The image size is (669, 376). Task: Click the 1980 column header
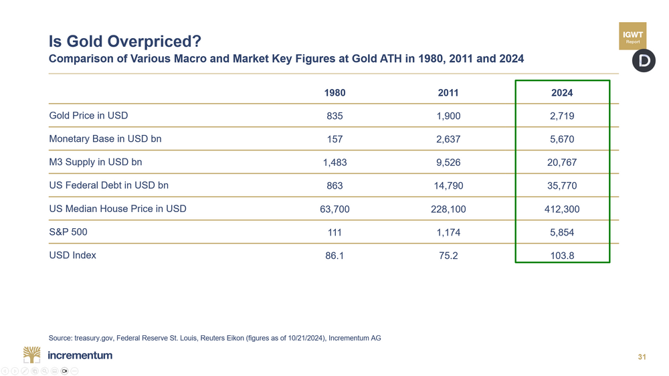334,93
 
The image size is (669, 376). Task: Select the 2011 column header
448,93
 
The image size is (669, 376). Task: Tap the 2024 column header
562,93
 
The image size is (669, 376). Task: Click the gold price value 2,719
562,116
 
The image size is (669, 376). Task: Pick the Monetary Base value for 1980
334,139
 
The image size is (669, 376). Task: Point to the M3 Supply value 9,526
448,163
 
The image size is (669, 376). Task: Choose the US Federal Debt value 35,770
562,186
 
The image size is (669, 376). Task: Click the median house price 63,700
334,209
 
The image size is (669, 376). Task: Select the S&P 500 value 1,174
448,233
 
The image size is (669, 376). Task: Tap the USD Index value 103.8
562,256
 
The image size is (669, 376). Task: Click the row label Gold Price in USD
88,116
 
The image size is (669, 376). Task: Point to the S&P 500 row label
68,232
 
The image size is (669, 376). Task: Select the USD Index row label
72,256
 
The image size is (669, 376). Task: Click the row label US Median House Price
118,209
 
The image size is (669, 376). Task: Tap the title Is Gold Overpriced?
125,41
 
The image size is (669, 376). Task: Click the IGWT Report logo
632,36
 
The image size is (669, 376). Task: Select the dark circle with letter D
644,61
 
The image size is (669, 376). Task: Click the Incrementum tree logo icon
31,355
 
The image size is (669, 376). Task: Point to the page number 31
642,357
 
